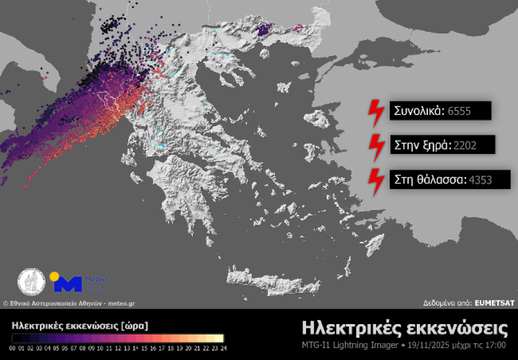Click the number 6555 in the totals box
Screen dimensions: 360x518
(x=459, y=111)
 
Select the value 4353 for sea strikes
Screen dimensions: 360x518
(x=481, y=179)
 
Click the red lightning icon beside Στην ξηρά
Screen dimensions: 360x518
(x=375, y=144)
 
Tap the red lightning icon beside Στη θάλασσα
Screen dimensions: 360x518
(x=375, y=179)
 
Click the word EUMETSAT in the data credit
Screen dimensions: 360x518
(x=494, y=303)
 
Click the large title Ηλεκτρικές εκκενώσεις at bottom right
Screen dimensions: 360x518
(x=404, y=327)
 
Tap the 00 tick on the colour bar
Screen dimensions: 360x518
(x=14, y=348)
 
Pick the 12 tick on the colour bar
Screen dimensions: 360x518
(x=118, y=348)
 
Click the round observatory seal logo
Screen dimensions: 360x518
(x=31, y=282)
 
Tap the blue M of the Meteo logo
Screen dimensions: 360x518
(x=68, y=285)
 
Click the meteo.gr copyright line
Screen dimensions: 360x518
(x=69, y=303)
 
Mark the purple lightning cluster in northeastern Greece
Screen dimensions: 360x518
(x=264, y=30)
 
